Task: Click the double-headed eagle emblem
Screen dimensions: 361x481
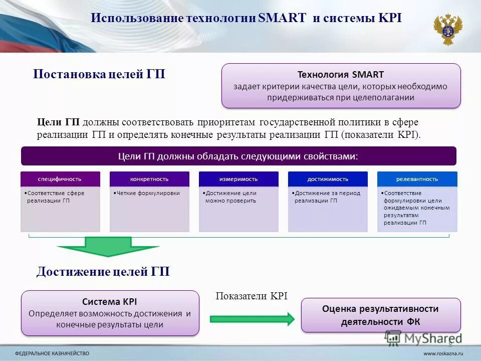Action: coord(448,29)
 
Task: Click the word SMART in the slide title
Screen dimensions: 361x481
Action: coord(282,19)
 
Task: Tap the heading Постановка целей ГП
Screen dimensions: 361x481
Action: coord(99,74)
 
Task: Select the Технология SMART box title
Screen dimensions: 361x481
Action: coord(341,75)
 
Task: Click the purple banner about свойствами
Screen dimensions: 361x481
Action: coord(238,156)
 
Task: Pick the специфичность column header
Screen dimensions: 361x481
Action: coord(60,179)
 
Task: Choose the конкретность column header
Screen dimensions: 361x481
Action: coord(149,179)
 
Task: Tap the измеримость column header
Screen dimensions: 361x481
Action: coord(238,179)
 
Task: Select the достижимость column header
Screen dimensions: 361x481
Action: coord(328,179)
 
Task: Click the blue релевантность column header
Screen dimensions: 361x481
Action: coord(417,179)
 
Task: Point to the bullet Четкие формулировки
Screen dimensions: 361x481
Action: coord(146,193)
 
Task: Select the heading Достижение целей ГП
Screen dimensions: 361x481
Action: coord(103,272)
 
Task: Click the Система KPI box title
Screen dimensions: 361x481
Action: coord(109,302)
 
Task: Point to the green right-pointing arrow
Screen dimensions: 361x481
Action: coord(252,318)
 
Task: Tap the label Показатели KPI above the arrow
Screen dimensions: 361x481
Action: coord(252,296)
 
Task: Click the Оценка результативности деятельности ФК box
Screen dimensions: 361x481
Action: coord(380,315)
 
